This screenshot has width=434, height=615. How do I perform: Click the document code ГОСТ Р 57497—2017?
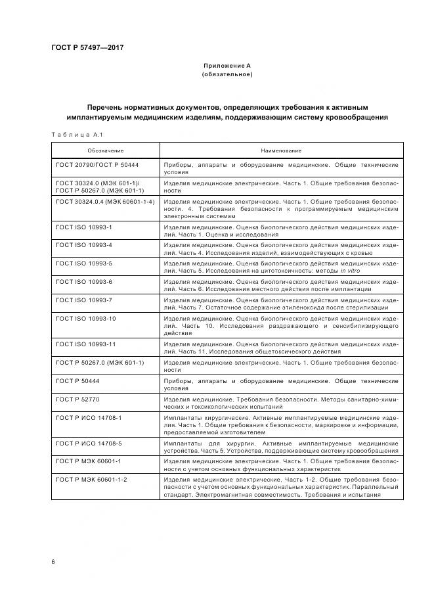pyautogui.click(x=87, y=48)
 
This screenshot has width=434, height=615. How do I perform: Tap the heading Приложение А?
pyautogui.click(x=227, y=66)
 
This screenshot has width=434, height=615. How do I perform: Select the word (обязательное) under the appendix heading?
pyautogui.click(x=227, y=74)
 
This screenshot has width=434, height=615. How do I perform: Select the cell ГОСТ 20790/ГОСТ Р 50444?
pyautogui.click(x=97, y=164)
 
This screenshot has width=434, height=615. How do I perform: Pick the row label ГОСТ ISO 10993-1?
pyautogui.click(x=85, y=227)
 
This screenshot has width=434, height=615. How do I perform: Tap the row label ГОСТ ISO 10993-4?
pyautogui.click(x=85, y=244)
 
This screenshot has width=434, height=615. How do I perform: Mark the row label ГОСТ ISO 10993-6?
pyautogui.click(x=85, y=281)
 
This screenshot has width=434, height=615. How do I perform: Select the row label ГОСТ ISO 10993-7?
pyautogui.click(x=85, y=300)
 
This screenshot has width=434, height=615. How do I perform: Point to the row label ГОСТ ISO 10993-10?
pyautogui.click(x=87, y=318)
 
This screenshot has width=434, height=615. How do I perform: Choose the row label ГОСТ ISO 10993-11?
pyautogui.click(x=87, y=344)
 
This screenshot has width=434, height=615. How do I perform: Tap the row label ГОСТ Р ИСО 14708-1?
pyautogui.click(x=89, y=417)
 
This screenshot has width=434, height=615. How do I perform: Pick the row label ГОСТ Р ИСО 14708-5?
pyautogui.click(x=89, y=444)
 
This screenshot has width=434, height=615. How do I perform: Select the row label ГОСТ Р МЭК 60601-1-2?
pyautogui.click(x=92, y=480)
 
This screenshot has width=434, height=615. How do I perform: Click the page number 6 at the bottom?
pyautogui.click(x=53, y=561)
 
